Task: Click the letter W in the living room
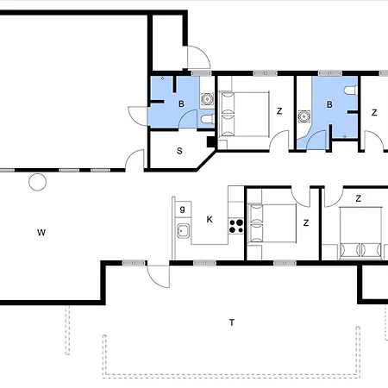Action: click(x=41, y=232)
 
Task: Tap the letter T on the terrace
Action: click(x=232, y=322)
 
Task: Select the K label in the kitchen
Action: click(x=210, y=220)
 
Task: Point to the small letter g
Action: click(x=182, y=209)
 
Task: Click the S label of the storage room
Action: click(x=179, y=151)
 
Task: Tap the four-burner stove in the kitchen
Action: click(x=236, y=226)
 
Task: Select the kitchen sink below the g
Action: click(x=183, y=231)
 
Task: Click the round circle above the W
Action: click(x=38, y=182)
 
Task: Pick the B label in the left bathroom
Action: click(x=181, y=103)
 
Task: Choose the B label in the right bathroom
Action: click(x=329, y=104)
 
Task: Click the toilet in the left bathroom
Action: click(x=208, y=119)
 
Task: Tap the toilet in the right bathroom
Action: click(x=351, y=90)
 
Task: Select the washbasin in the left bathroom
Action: click(x=207, y=99)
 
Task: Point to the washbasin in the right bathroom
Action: click(x=304, y=116)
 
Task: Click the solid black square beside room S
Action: click(x=211, y=141)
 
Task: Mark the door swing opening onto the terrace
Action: click(x=158, y=276)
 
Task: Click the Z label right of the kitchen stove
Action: click(x=306, y=223)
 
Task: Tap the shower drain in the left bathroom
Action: click(x=163, y=78)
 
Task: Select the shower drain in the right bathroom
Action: click(x=345, y=137)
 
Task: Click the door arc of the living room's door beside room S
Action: click(x=133, y=157)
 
